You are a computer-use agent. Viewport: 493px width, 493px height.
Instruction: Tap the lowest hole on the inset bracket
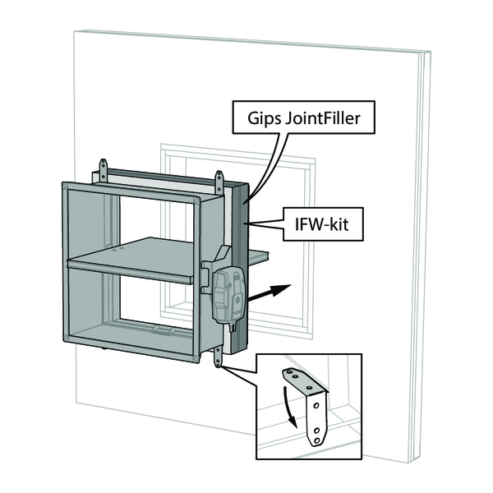pyautogui.click(x=316, y=439)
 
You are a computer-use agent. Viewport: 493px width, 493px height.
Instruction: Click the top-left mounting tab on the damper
pyautogui.click(x=104, y=171)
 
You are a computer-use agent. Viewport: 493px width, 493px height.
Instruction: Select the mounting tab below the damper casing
pyautogui.click(x=219, y=357)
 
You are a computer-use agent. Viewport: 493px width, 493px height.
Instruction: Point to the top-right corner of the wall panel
pyautogui.click(x=429, y=53)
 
